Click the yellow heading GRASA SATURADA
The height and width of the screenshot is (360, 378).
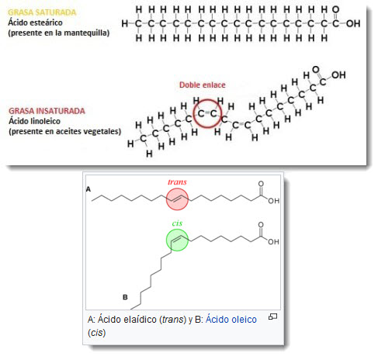click(42, 12)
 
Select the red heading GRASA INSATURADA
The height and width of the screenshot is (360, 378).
click(47, 111)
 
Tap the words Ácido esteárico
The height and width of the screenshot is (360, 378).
click(35, 22)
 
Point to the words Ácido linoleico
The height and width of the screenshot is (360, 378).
click(34, 121)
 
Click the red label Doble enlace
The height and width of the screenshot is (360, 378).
click(203, 85)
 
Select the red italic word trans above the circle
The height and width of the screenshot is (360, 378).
click(177, 182)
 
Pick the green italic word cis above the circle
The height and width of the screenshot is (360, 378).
click(177, 223)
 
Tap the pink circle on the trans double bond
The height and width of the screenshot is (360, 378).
click(177, 199)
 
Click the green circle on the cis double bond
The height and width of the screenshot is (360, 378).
click(177, 241)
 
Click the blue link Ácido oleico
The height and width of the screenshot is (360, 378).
click(231, 320)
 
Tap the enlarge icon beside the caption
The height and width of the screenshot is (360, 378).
click(272, 317)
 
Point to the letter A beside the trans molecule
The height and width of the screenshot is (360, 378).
click(88, 189)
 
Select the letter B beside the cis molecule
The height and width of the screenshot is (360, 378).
click(125, 297)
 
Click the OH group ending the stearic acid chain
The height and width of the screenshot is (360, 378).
click(353, 24)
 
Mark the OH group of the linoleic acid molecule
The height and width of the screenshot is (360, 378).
click(338, 75)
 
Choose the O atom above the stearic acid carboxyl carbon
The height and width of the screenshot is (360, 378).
click(335, 10)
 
